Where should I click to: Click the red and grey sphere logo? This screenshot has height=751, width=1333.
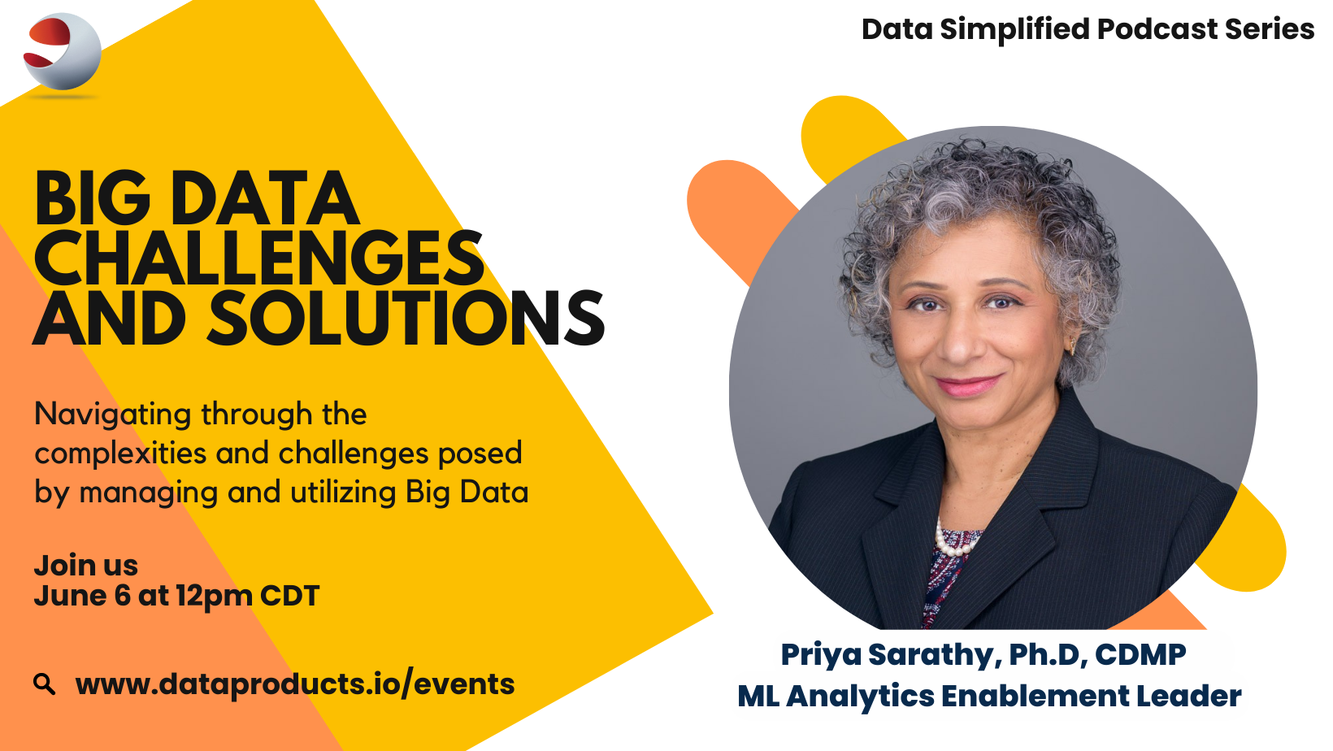[63, 52]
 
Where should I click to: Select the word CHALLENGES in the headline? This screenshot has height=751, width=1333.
[258, 258]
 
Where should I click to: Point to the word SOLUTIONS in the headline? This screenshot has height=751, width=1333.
[406, 318]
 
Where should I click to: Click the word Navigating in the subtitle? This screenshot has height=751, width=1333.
[113, 415]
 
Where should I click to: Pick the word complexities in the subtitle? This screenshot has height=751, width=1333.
[121, 454]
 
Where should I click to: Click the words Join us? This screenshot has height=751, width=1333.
[86, 566]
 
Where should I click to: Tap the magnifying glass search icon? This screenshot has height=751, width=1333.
[45, 684]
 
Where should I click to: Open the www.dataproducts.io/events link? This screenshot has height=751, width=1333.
[294, 684]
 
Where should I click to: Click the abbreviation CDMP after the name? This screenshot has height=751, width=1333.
[1140, 654]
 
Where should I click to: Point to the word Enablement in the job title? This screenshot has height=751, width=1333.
[1035, 697]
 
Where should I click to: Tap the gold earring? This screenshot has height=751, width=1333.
[1073, 345]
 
